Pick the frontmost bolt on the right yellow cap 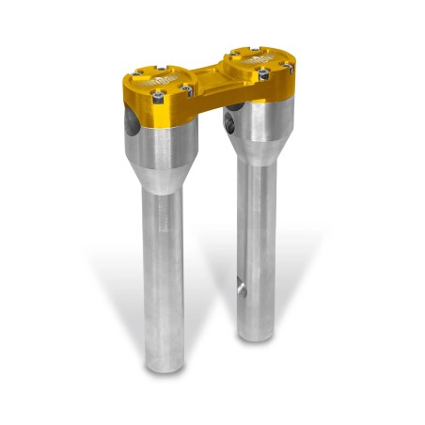click(263, 74)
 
